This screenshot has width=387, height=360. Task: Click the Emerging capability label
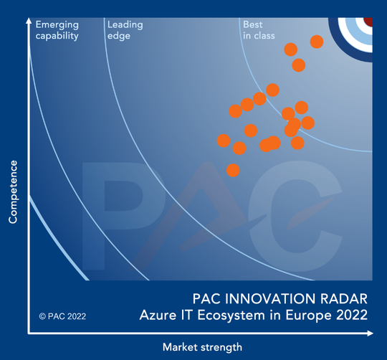coord(57,30)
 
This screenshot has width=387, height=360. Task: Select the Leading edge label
coord(125,30)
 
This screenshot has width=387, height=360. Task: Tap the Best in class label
coord(255,30)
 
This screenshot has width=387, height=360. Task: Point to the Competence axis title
coord(13,192)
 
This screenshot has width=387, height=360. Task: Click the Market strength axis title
coord(202,347)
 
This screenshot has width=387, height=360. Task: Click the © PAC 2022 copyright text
coord(64,315)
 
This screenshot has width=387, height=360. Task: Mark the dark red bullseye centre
coord(368,22)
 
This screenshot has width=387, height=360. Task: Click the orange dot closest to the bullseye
coord(316,42)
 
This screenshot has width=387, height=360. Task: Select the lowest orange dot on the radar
coord(233,170)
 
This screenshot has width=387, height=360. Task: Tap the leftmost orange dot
coord(224,141)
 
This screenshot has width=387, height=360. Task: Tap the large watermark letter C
coord(301,204)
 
